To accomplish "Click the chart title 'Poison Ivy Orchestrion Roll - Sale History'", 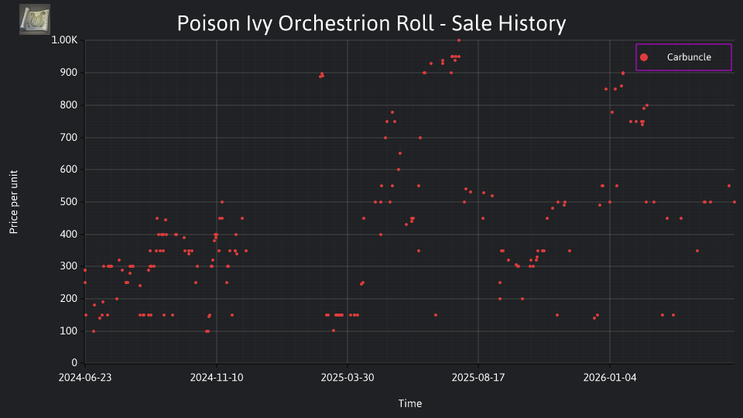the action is pyautogui.click(x=371, y=23).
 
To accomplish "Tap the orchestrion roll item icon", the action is pyautogui.click(x=35, y=19).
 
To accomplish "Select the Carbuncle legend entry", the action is pyautogui.click(x=683, y=57).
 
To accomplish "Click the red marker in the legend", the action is pyautogui.click(x=644, y=57).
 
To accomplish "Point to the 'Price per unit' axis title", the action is pyautogui.click(x=14, y=202).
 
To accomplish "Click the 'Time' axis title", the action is pyautogui.click(x=410, y=403).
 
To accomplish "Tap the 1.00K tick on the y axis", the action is pyautogui.click(x=64, y=39).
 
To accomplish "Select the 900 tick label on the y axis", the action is pyautogui.click(x=69, y=73).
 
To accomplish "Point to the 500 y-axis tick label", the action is pyautogui.click(x=69, y=202).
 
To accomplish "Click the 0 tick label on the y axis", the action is pyautogui.click(x=74, y=363).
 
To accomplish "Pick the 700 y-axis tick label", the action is pyautogui.click(x=69, y=138).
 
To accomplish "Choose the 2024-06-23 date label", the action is pyautogui.click(x=85, y=378).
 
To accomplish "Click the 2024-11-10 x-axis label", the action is pyautogui.click(x=217, y=378).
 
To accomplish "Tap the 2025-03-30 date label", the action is pyautogui.click(x=348, y=378).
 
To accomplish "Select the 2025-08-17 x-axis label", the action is pyautogui.click(x=478, y=378).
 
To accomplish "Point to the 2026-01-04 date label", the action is pyautogui.click(x=610, y=378).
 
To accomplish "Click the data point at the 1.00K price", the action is pyautogui.click(x=459, y=40).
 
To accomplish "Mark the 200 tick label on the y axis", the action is pyautogui.click(x=69, y=299).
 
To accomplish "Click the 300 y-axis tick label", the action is pyautogui.click(x=69, y=266).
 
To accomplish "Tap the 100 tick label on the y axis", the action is pyautogui.click(x=69, y=331).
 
